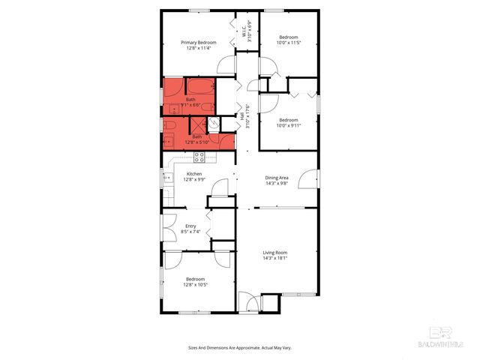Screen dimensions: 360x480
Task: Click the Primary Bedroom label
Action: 199,43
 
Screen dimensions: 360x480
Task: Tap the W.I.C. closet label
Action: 246,30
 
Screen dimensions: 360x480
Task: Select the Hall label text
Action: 241,117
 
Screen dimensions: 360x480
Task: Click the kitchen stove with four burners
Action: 199,157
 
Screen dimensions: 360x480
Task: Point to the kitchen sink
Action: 166,178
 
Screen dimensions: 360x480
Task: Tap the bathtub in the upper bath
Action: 199,85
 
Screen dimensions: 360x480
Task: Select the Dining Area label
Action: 277,178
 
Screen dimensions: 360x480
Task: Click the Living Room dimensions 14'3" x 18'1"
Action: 275,259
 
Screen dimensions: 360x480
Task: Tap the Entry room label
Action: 190,226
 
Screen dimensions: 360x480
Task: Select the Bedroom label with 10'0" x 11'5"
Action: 289,37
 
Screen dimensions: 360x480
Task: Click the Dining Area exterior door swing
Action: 307,180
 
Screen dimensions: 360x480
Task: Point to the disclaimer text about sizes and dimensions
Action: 240,347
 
